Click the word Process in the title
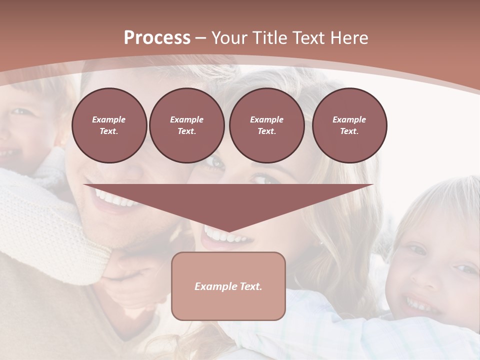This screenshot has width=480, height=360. click(157, 38)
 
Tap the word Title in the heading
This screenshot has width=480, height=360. click(270, 38)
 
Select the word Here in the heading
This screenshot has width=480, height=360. click(350, 38)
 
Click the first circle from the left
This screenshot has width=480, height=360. click(109, 125)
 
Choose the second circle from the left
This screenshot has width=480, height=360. click(186, 125)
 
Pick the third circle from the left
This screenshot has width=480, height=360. click(266, 125)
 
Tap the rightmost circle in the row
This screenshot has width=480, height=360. click(349, 125)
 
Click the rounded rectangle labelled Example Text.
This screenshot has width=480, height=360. click(228, 286)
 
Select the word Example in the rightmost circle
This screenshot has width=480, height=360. click(349, 119)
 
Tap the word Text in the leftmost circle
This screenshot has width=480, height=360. click(109, 131)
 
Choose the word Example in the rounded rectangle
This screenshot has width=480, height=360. click(214, 286)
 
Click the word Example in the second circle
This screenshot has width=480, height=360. click(186, 119)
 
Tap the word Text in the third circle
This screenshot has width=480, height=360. click(266, 131)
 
